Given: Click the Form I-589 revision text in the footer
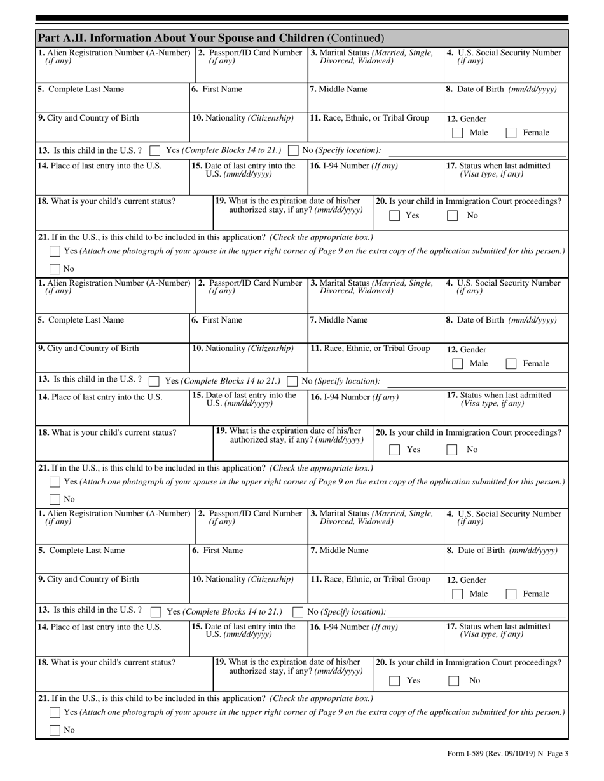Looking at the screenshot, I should coord(508,754).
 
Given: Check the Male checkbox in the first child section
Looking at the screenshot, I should coord(457,133).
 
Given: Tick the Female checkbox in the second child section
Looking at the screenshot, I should coord(511,364).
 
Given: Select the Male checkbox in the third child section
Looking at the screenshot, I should coord(457,594).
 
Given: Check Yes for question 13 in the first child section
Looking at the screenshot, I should coord(154,150).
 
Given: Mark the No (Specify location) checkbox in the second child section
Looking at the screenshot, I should coord(292,382).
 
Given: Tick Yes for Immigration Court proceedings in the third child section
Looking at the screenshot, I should coord(395,681).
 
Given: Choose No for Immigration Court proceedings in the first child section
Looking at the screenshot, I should coord(452,216).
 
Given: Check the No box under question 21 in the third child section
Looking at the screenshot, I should coord(55,730).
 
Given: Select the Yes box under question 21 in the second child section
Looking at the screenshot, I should coord(55,482).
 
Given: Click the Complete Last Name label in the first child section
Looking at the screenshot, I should coord(80,90).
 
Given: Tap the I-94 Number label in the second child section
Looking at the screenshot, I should coord(353,397).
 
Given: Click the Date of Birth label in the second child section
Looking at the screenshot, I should coord(501,320).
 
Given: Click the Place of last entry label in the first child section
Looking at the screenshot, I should coord(99,166).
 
